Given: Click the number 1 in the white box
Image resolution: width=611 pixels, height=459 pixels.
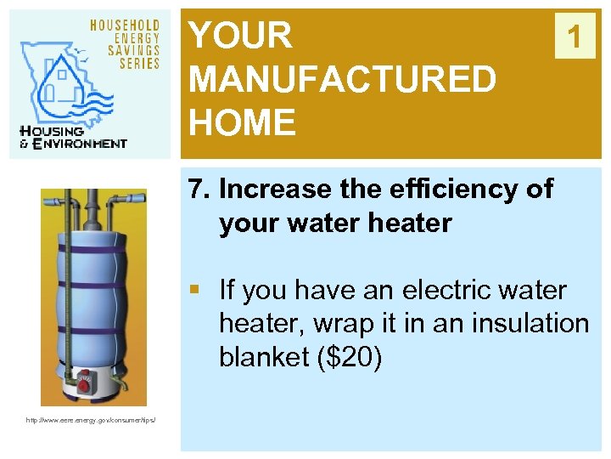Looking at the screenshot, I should pos(575,37).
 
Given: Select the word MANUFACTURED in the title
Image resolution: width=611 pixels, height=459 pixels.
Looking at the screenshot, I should pos(342,80).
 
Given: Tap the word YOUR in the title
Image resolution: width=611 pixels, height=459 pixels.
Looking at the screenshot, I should pos(240,36).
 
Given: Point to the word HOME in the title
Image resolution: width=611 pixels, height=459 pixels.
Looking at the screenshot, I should pos(242,123).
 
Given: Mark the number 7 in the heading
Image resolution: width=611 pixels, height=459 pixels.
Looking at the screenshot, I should pos(198,190).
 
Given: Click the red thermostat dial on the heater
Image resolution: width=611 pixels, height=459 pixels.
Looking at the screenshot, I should pos(84,386).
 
